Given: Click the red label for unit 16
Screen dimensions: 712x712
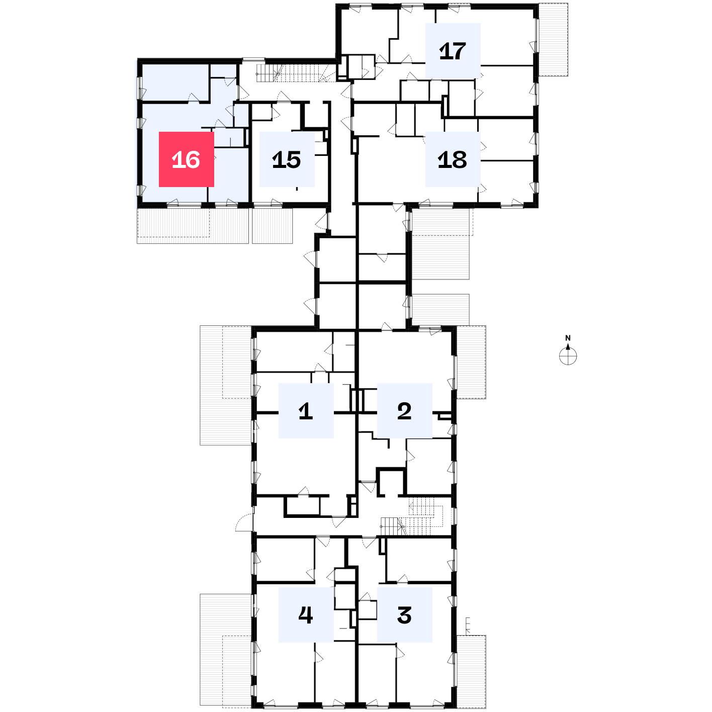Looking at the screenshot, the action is (x=186, y=159).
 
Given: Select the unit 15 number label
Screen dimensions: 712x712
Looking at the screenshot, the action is (x=287, y=159).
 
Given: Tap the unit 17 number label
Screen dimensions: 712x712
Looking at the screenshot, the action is (x=453, y=51).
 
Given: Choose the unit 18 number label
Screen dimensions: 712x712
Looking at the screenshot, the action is (x=453, y=159).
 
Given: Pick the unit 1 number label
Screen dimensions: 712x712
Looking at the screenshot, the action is (x=306, y=410).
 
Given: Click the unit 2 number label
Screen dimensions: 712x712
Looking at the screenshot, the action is (x=405, y=410).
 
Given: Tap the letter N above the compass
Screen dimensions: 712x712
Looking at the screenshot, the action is (x=568, y=338).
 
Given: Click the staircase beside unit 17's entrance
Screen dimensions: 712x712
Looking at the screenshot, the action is (x=296, y=73).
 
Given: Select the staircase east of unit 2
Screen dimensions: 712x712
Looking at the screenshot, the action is (x=412, y=516).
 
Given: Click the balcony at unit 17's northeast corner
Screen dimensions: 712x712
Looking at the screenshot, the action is (x=553, y=40).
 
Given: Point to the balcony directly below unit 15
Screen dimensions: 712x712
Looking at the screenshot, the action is (x=273, y=226).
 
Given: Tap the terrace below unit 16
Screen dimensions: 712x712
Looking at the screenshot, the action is (x=193, y=226).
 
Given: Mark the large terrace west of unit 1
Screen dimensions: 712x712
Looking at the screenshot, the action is (x=226, y=385).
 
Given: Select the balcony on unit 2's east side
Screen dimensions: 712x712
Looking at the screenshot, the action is (x=471, y=362).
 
